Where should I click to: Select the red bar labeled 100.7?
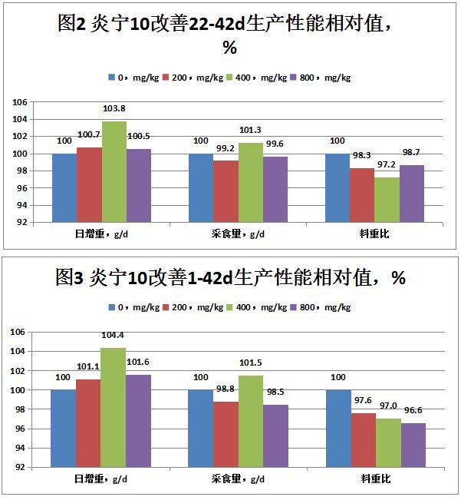click(x=89, y=184)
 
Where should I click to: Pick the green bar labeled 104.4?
click(x=114, y=407)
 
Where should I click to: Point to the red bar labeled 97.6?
click(x=363, y=440)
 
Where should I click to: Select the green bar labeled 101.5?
click(x=251, y=421)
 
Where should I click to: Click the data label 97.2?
click(x=387, y=165)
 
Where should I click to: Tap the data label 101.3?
click(x=250, y=130)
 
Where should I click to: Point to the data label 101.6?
click(x=138, y=362)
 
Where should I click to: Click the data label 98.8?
click(x=226, y=389)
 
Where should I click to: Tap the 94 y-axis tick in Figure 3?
click(x=21, y=448)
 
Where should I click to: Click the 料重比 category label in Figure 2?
click(x=375, y=233)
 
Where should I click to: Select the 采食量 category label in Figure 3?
click(x=239, y=478)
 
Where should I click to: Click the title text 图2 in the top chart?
click(x=74, y=24)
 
